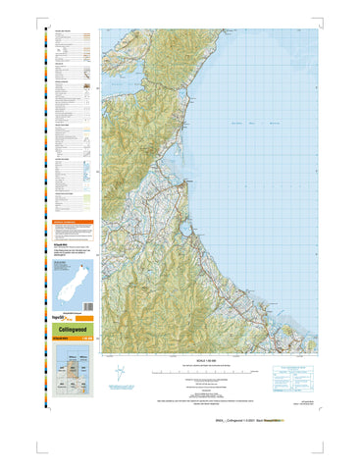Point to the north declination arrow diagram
(120, 373)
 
